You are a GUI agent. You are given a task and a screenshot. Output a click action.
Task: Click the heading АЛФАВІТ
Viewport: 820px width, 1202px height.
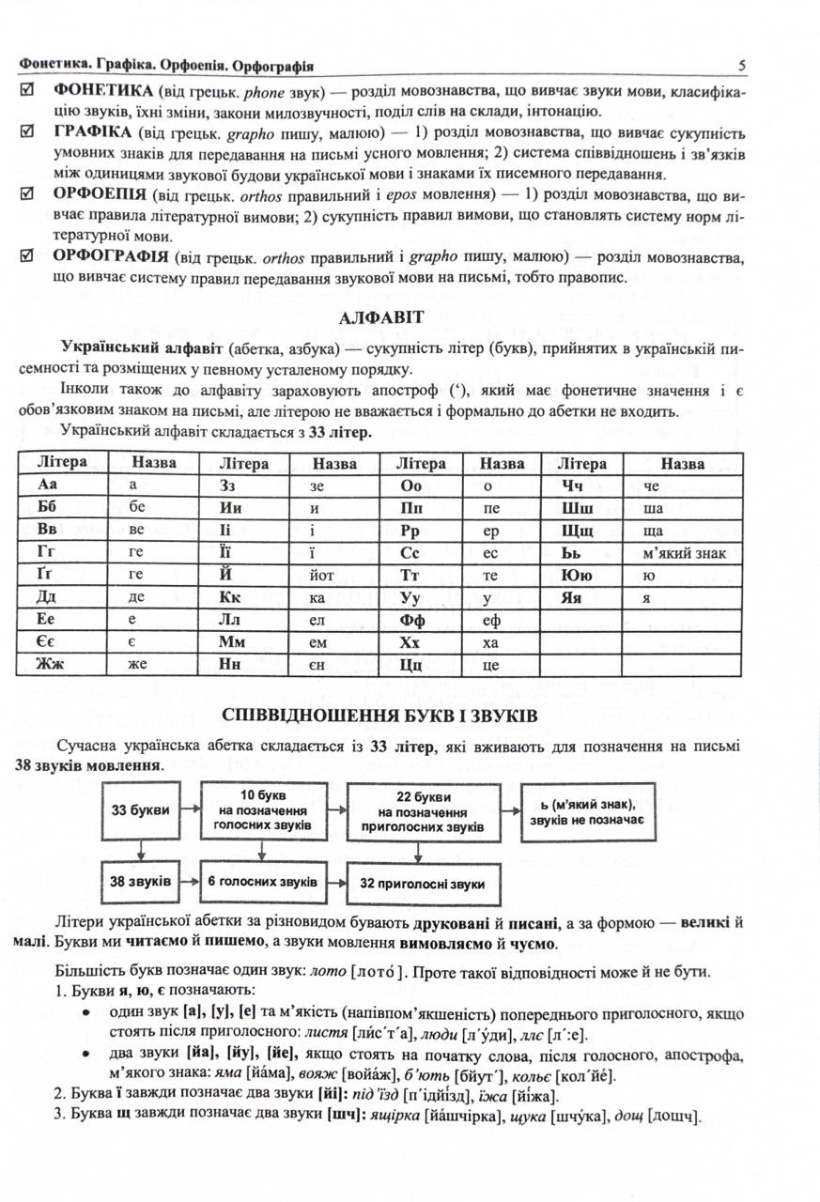click(x=380, y=318)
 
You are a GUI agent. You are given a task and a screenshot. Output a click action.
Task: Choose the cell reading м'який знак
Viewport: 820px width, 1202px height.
click(x=685, y=552)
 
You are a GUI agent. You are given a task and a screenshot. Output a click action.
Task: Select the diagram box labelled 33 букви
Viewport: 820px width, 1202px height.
click(x=140, y=809)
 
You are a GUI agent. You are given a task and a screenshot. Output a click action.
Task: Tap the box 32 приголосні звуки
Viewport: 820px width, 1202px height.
click(x=422, y=884)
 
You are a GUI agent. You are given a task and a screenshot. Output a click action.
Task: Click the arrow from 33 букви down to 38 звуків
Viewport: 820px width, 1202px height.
click(x=140, y=849)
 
